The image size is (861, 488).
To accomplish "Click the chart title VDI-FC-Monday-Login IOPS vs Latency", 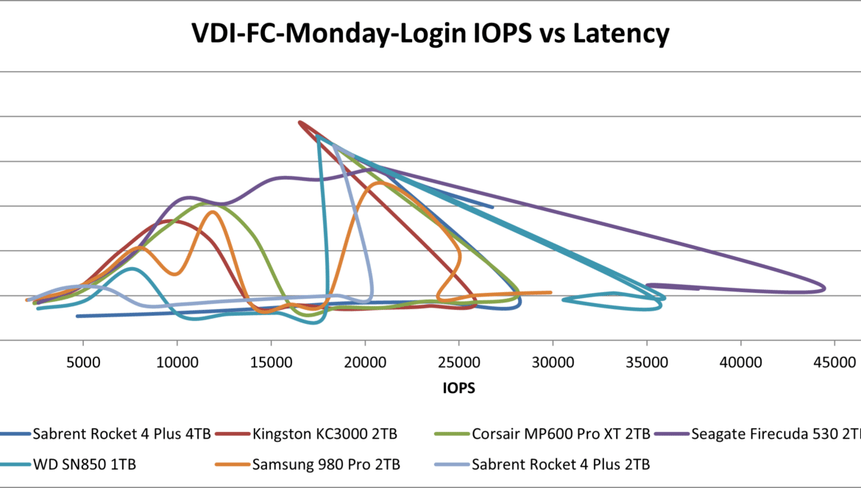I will [x=431, y=33].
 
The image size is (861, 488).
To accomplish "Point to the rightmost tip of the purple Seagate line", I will [x=826, y=288].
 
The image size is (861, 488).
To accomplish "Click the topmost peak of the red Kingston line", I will [x=299, y=122].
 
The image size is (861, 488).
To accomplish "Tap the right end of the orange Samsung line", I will [x=551, y=292].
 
